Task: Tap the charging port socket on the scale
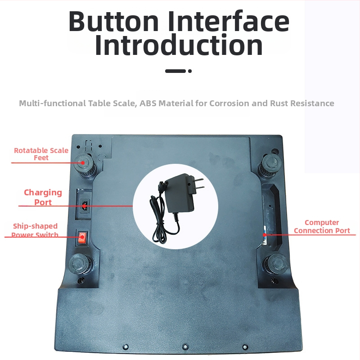point(85,206)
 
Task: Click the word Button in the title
point(113,21)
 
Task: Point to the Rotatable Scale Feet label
point(41,154)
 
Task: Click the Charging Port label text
point(43,197)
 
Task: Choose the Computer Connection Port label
point(322,226)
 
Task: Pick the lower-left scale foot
point(80,264)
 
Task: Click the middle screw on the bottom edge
point(185,346)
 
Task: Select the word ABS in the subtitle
point(148,103)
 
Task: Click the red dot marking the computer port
point(265,234)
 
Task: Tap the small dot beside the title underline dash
point(190,71)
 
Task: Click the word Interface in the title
point(228,21)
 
